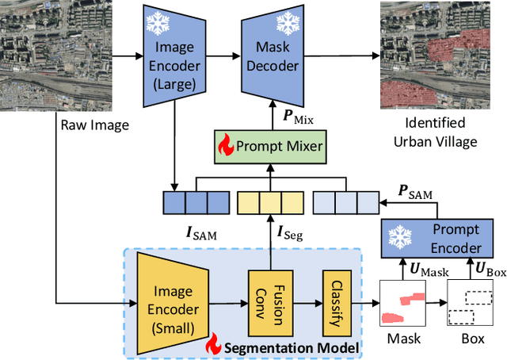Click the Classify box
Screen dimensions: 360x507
pyautogui.click(x=336, y=302)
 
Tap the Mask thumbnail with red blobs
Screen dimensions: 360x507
pyautogui.click(x=403, y=306)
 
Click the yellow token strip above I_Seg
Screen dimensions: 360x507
pyautogui.click(x=269, y=203)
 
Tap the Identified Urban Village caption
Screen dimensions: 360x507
pyautogui.click(x=440, y=132)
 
